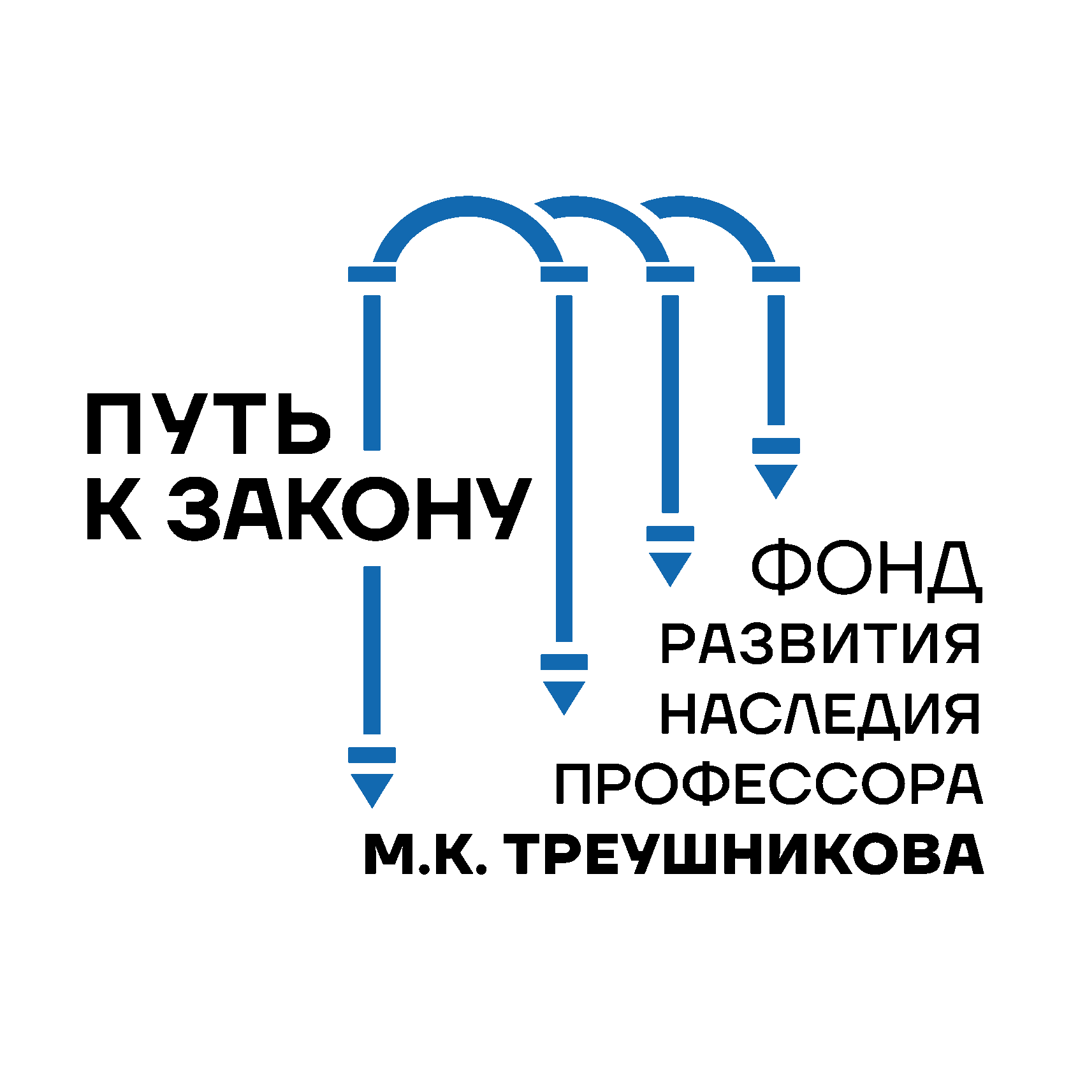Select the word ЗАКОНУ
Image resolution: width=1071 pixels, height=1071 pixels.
click(x=349, y=509)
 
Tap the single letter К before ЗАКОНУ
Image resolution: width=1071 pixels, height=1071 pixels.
click(x=113, y=509)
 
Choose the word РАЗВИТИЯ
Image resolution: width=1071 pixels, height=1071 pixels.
click(x=820, y=644)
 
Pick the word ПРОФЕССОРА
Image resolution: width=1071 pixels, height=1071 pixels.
click(x=769, y=784)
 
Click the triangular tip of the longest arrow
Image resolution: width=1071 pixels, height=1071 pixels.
click(x=372, y=788)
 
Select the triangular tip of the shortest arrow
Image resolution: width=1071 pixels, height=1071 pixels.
click(x=776, y=478)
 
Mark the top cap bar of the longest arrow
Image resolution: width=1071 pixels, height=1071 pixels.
click(x=372, y=274)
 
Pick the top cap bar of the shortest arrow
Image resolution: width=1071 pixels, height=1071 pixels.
click(x=776, y=274)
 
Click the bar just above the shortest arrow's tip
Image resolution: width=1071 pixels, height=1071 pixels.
click(x=776, y=446)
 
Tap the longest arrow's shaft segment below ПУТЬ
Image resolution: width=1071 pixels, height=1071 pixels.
click(x=372, y=650)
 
